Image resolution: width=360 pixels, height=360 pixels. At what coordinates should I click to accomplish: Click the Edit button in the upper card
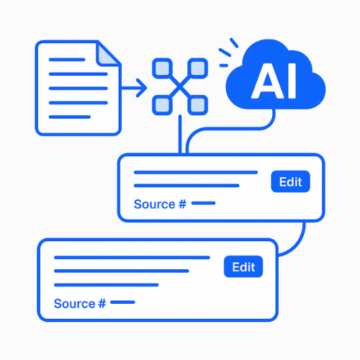coord(290,181)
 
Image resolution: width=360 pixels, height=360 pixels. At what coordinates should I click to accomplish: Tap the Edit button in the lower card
coord(243,266)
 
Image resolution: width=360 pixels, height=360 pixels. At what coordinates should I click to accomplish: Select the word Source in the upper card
coord(155,204)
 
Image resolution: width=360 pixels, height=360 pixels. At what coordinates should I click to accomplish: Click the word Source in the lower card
coord(75,304)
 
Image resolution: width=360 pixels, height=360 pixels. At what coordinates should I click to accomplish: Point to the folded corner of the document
coord(106,55)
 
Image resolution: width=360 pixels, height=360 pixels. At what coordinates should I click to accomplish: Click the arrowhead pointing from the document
coord(142,88)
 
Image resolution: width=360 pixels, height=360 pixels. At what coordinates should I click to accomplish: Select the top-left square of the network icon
coord(162,68)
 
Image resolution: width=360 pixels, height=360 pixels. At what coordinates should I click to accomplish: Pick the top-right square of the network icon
coord(197,68)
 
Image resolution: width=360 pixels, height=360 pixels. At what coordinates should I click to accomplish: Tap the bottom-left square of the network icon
coord(162,105)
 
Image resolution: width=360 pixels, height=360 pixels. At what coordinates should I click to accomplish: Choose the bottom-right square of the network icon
coord(197,105)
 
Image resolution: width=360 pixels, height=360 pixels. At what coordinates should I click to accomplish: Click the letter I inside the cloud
coord(292,81)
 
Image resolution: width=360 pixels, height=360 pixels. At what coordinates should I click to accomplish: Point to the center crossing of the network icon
coord(180,86)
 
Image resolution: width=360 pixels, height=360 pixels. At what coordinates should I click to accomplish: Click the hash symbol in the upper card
coord(182,204)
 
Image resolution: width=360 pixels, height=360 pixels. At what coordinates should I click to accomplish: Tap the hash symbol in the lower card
coord(102,304)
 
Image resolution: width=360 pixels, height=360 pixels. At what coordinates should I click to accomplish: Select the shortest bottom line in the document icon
coord(70,117)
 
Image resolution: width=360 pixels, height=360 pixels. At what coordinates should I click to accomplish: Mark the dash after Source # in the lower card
coord(122,302)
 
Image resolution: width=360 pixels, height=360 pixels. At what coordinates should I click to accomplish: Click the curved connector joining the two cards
coord(299,243)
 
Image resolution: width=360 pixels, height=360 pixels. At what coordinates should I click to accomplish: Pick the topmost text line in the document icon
coord(67,60)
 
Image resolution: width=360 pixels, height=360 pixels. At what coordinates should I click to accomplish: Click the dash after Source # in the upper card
coord(203,203)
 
